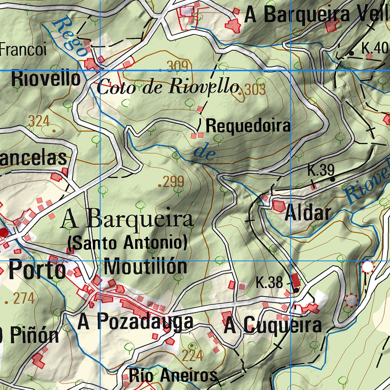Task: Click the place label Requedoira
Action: point(248,126)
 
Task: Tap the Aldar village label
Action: point(308,213)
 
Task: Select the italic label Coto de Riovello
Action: point(168,87)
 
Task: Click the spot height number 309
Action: point(177,66)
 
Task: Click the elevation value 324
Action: point(39,121)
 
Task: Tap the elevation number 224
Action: point(192,355)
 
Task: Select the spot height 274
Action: point(24,298)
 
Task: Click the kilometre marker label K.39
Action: point(321,171)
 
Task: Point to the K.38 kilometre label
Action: point(269,283)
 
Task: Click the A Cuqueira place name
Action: point(273,326)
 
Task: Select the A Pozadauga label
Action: point(135,322)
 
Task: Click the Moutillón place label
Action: point(145,267)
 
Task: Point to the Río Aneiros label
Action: point(173,376)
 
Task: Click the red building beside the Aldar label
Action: point(279,206)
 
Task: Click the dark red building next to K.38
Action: point(295,281)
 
